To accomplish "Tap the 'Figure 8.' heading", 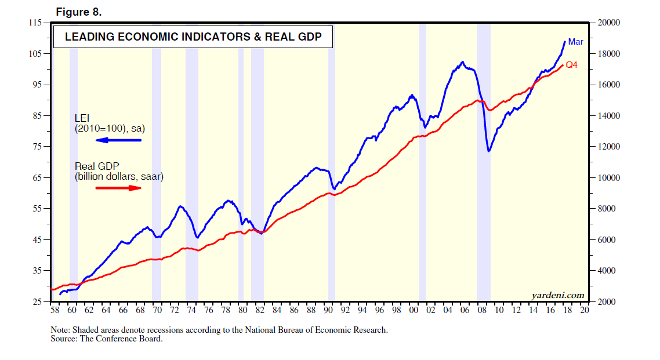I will (79, 12).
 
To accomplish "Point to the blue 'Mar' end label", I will (575, 42).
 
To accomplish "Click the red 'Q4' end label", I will (572, 66).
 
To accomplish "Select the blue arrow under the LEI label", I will (118, 140).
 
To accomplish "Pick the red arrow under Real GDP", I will (118, 188).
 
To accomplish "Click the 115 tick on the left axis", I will (36, 23).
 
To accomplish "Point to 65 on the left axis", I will (38, 178).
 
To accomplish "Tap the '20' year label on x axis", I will (584, 311).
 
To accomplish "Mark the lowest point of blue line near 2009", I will (489, 151).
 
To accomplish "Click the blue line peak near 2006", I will (462, 62).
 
